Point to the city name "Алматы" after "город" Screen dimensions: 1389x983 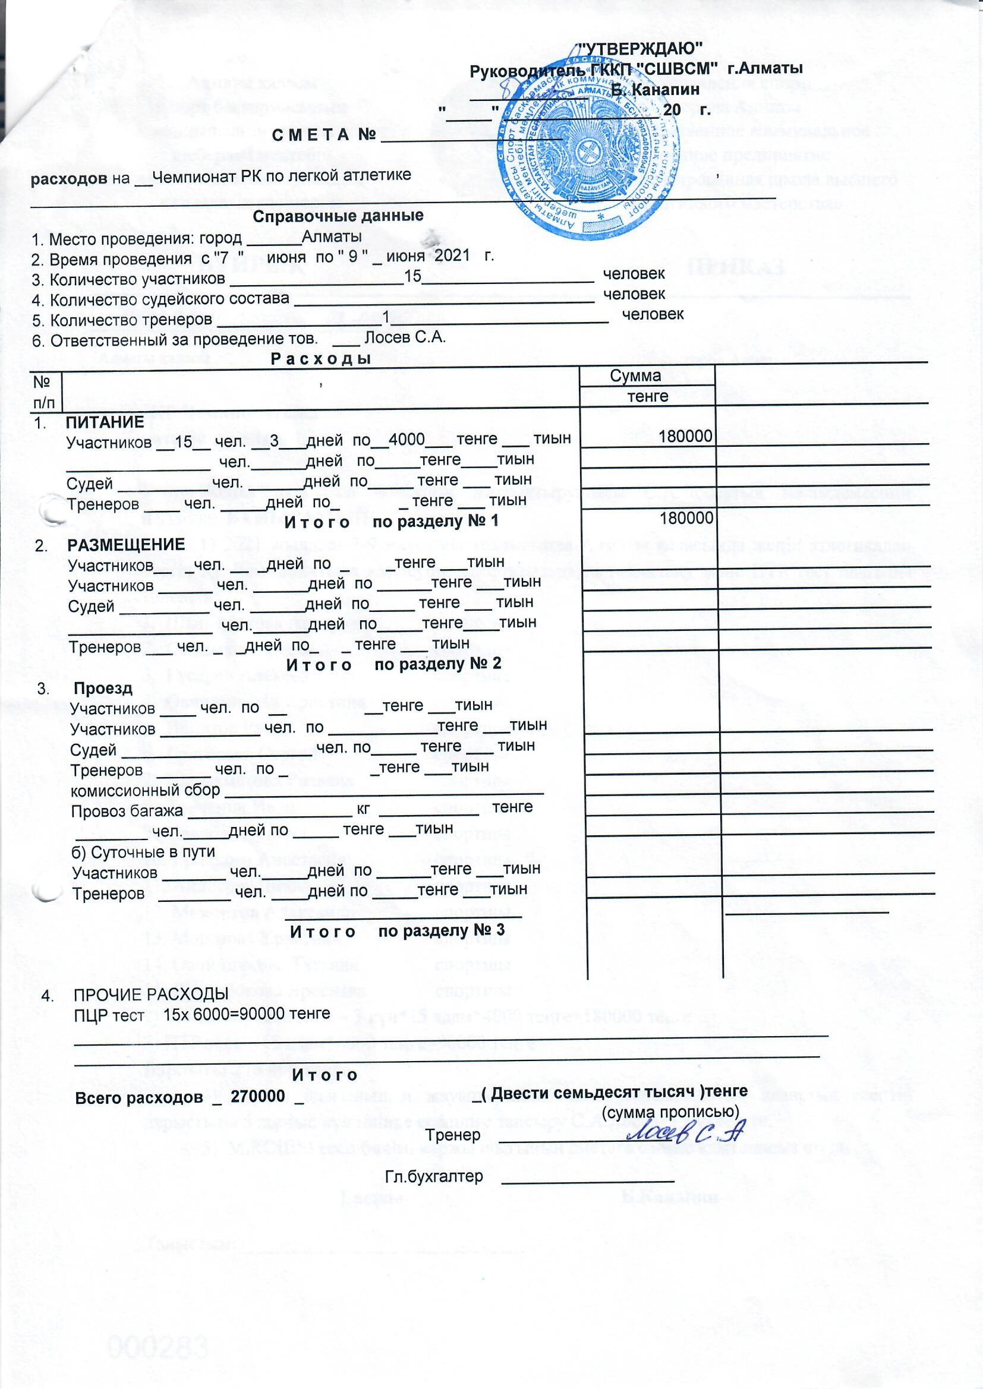pos(332,236)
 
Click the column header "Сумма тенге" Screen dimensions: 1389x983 pos(647,386)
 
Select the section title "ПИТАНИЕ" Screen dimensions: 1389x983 pos(105,422)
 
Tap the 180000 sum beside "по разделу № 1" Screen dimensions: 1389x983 pos(685,518)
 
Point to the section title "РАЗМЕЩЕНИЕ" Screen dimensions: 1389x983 pos(126,544)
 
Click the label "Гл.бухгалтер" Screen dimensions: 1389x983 pos(434,1160)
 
